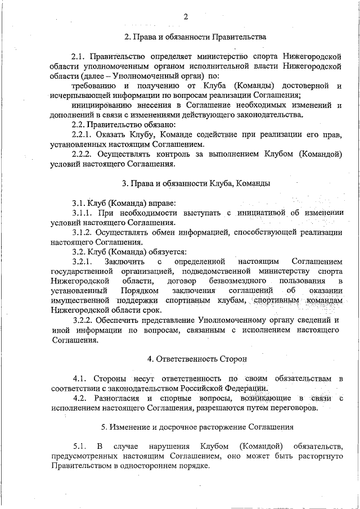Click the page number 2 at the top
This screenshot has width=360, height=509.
pyautogui.click(x=185, y=16)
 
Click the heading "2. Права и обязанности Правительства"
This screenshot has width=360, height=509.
pyautogui.click(x=195, y=37)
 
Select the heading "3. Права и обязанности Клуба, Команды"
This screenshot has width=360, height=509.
pyautogui.click(x=196, y=183)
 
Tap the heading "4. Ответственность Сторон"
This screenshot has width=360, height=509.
pyautogui.click(x=196, y=358)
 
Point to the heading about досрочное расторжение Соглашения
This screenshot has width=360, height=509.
pyautogui.click(x=196, y=427)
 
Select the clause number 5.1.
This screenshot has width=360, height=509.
pyautogui.click(x=79, y=447)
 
